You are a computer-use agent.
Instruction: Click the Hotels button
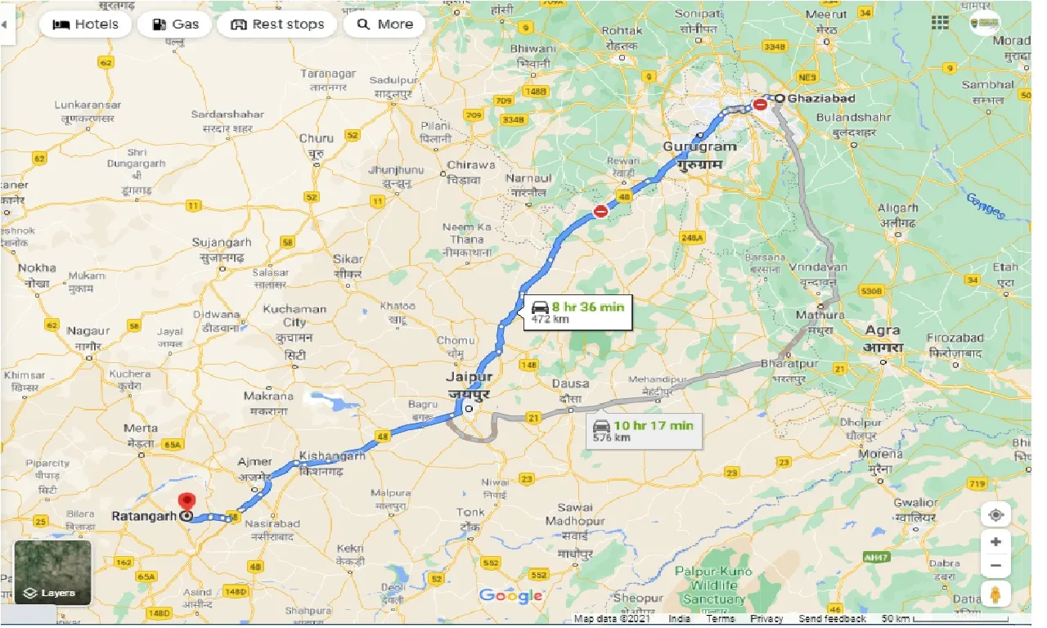(x=85, y=25)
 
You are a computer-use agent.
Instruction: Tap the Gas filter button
(x=175, y=25)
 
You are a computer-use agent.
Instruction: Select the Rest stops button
(x=277, y=25)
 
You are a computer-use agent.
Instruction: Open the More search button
(x=384, y=25)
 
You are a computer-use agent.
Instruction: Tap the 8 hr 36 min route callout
(x=578, y=312)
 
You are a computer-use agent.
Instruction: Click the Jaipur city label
(x=469, y=377)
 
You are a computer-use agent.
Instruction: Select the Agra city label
(x=883, y=331)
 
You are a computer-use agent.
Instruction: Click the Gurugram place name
(x=699, y=146)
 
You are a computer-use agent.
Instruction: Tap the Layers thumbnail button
(x=53, y=572)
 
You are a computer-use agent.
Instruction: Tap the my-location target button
(x=995, y=515)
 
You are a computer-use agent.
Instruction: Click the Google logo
(x=510, y=595)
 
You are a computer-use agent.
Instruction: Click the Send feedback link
(x=832, y=619)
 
